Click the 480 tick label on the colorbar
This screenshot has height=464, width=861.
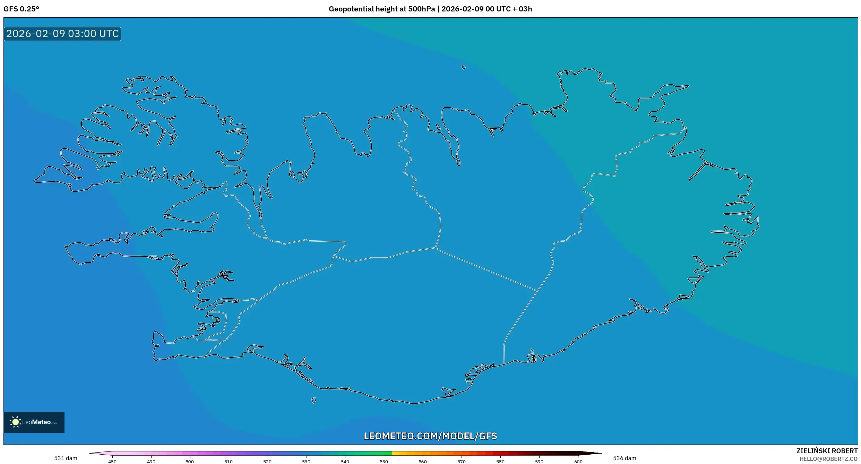pyautogui.click(x=112, y=462)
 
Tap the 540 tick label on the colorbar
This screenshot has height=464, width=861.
pyautogui.click(x=345, y=462)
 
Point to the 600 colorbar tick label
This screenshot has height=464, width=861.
pyautogui.click(x=578, y=462)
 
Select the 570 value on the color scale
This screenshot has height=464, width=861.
pyautogui.click(x=461, y=462)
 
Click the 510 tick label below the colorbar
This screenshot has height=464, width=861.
pyautogui.click(x=228, y=462)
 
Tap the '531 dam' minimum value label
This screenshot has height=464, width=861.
pyautogui.click(x=66, y=458)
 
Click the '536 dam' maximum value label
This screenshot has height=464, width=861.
pyautogui.click(x=624, y=458)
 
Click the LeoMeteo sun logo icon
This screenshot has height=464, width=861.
pyautogui.click(x=15, y=422)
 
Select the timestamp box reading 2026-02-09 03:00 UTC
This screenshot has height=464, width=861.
pyautogui.click(x=62, y=34)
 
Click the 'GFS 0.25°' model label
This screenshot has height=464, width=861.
pyautogui.click(x=21, y=9)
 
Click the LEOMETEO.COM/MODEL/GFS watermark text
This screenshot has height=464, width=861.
pyautogui.click(x=430, y=436)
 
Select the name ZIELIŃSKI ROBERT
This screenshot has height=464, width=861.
pyautogui.click(x=827, y=451)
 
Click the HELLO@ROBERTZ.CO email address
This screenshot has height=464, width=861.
pyautogui.click(x=828, y=459)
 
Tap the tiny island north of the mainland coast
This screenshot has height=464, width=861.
pyautogui.click(x=464, y=67)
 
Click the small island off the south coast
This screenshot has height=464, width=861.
pyautogui.click(x=313, y=401)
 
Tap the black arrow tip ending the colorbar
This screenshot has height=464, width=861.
pyautogui.click(x=595, y=453)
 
